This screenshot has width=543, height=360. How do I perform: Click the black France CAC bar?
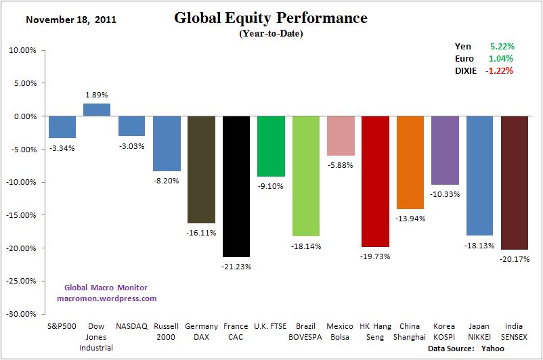click(236, 186)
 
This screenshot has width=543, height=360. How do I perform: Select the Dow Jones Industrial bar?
click(97, 110)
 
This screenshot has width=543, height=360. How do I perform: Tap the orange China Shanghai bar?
click(410, 162)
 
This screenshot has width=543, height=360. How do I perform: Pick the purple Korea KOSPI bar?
click(445, 150)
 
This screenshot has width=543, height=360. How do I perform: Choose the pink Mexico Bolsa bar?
click(341, 135)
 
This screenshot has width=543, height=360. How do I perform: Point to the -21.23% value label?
click(236, 267)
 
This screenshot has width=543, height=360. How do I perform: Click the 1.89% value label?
click(97, 95)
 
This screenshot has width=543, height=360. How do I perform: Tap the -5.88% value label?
click(341, 164)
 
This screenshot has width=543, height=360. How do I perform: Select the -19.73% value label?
click(375, 256)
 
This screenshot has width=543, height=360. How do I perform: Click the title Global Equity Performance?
click(271, 18)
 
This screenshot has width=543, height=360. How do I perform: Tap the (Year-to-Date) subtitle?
click(271, 33)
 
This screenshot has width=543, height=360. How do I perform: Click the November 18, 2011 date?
click(71, 19)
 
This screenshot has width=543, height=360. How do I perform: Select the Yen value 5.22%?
click(502, 47)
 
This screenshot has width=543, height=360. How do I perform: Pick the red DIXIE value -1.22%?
click(499, 71)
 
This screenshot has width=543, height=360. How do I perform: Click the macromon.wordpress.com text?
click(106, 298)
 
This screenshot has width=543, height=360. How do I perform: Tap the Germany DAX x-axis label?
click(201, 332)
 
